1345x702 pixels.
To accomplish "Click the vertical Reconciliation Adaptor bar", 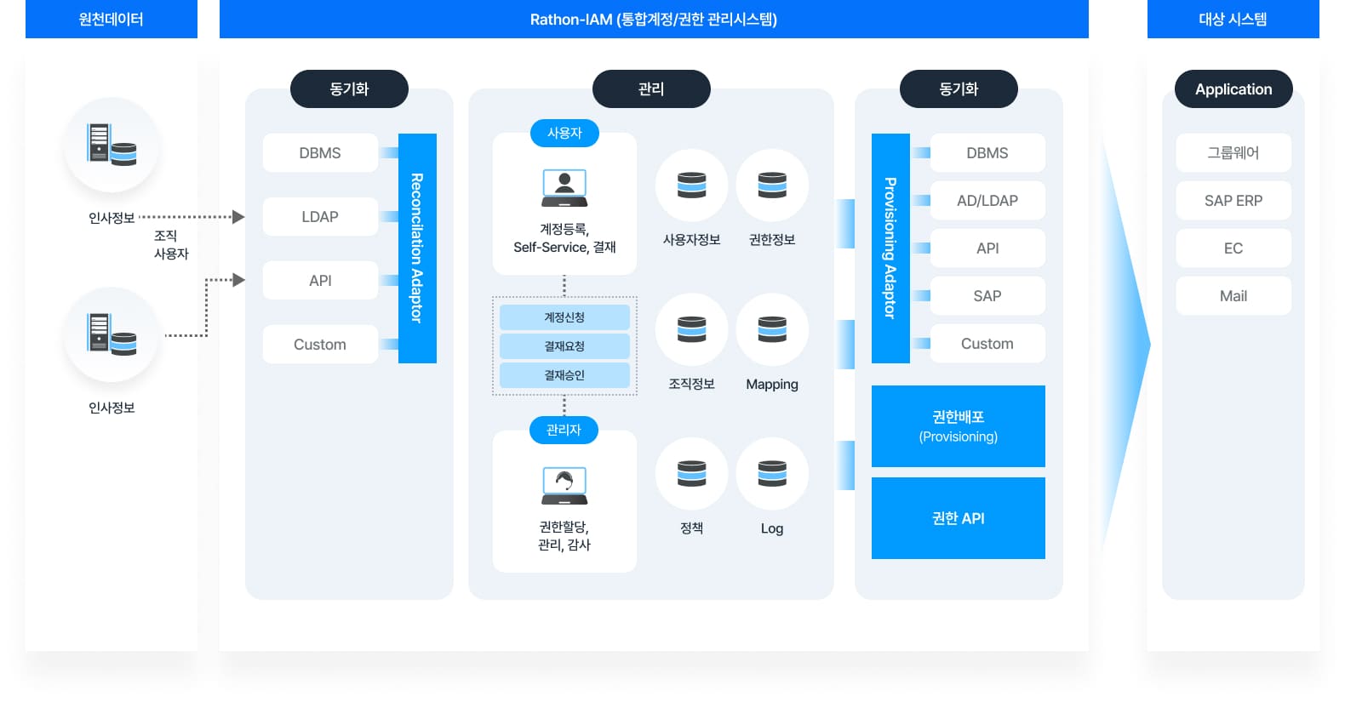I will point(417,248).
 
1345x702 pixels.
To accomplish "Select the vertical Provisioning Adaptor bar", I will point(890,248).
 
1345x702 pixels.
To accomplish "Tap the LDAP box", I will point(320,217).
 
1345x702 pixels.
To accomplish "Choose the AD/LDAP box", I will point(987,201).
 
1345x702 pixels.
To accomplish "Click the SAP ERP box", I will point(1233,201).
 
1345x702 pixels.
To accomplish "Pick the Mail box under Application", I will point(1233,296).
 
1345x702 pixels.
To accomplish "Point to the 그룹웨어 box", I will point(1233,153).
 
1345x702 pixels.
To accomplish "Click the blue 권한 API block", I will point(958,518).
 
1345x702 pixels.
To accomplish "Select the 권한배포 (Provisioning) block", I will point(958,426).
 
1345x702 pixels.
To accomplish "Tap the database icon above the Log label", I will point(772,473).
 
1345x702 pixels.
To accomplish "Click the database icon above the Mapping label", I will point(772,329).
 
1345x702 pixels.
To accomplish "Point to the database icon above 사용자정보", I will point(691,185).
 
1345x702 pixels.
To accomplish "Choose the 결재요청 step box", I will point(564,346).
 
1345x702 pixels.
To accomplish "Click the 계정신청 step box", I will point(564,317).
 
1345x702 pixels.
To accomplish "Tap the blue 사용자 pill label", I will point(564,134).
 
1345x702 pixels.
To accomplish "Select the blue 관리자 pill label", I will point(564,430).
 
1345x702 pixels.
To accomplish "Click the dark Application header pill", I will point(1233,89).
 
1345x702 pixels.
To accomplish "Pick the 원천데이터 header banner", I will point(112,20).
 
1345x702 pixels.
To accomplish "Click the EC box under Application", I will point(1233,248).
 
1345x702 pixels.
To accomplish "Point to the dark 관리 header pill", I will point(651,89).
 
